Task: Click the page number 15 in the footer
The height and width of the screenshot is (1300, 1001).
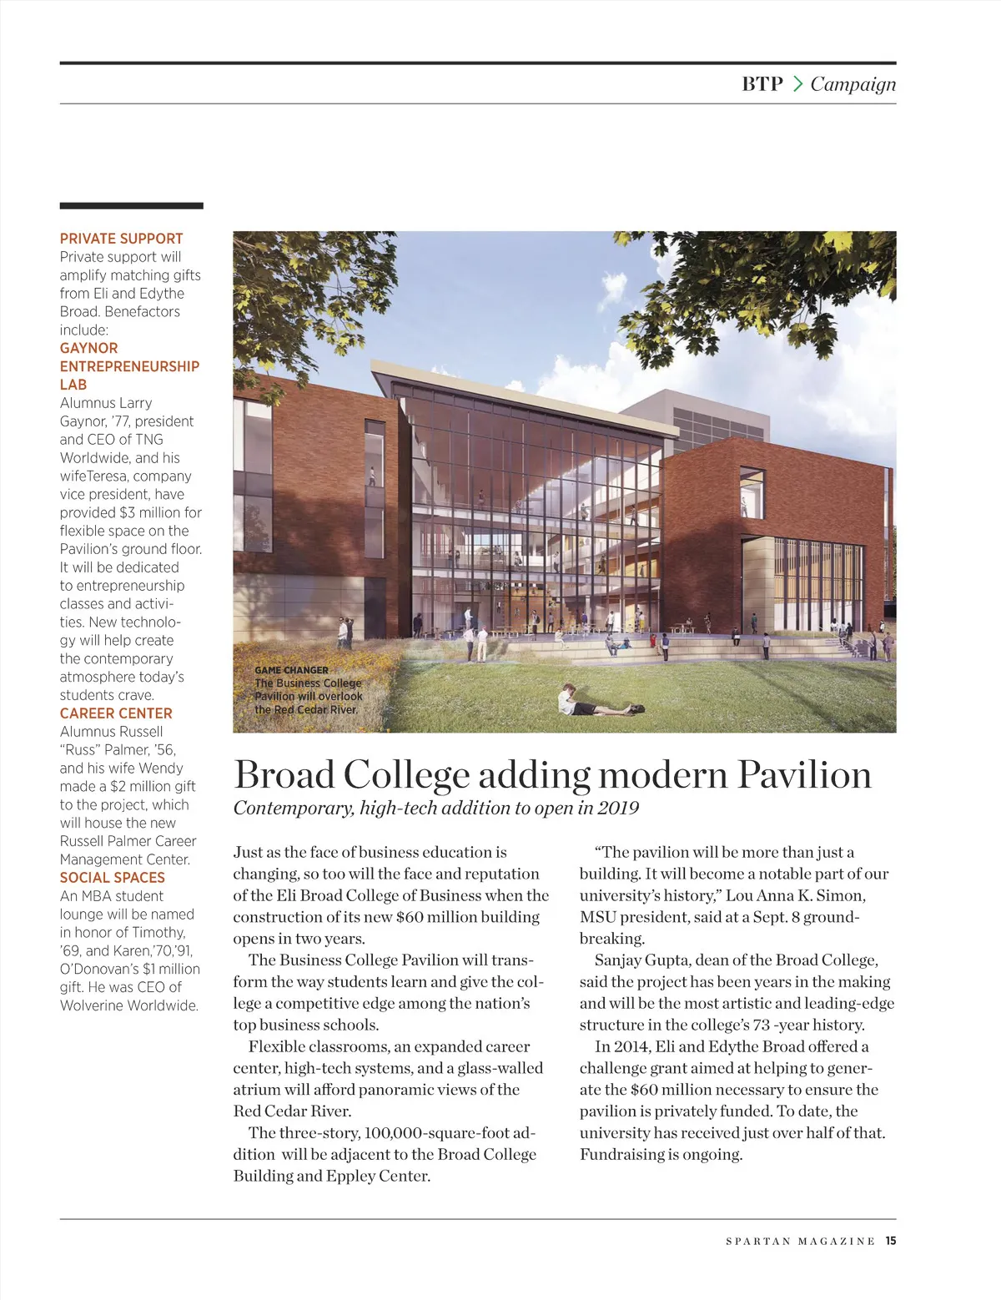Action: click(x=891, y=1241)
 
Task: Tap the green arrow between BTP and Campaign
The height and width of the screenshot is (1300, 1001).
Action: click(x=797, y=84)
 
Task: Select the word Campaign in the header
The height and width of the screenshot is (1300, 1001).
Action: click(x=853, y=84)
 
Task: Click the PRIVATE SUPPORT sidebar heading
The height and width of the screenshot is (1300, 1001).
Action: click(x=121, y=239)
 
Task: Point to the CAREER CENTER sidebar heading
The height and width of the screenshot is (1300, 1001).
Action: click(x=116, y=713)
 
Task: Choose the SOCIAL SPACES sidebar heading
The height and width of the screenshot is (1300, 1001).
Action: click(x=112, y=878)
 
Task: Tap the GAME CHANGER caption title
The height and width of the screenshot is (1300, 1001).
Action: click(x=291, y=670)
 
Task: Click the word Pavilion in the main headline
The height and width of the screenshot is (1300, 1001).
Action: click(x=804, y=775)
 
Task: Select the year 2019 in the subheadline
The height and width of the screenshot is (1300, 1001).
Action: click(x=618, y=808)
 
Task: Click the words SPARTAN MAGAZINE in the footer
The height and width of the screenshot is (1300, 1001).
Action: click(x=800, y=1242)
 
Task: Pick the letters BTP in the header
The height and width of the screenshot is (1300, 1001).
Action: click(x=762, y=84)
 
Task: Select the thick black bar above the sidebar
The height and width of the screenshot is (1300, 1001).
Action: click(x=131, y=205)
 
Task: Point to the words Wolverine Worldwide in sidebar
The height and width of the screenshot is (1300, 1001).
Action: click(x=128, y=1005)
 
